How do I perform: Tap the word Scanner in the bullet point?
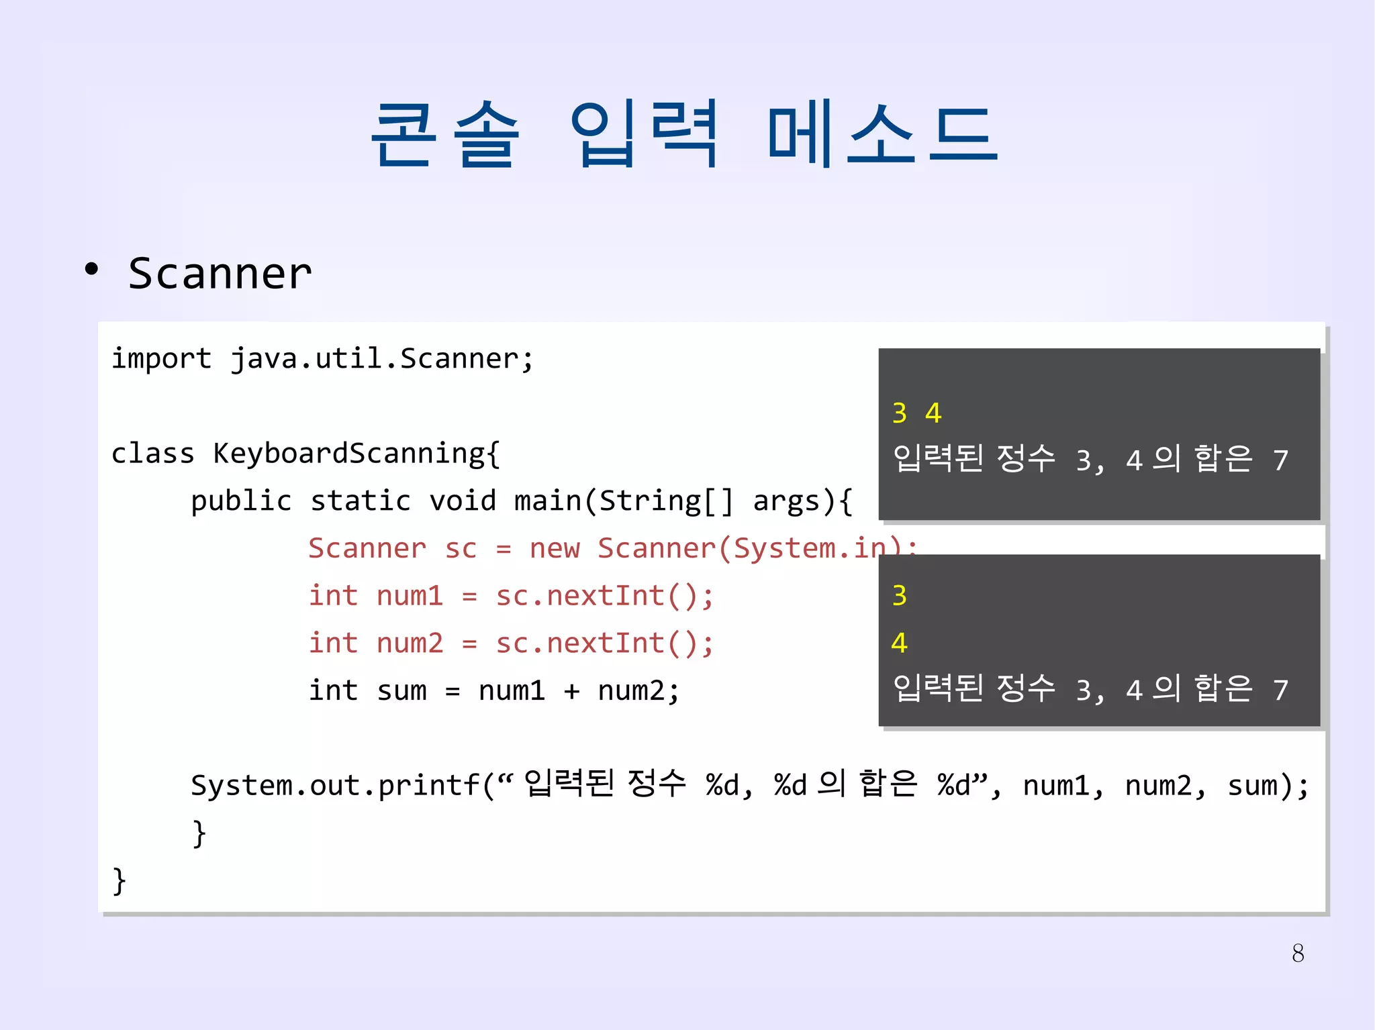pyautogui.click(x=220, y=274)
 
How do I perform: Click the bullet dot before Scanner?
pyautogui.click(x=91, y=270)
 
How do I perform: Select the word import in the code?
pyautogui.click(x=161, y=358)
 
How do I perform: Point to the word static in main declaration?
pyautogui.click(x=360, y=501)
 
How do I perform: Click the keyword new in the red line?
pyautogui.click(x=554, y=549)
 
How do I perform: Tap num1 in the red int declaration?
pyautogui.click(x=410, y=596)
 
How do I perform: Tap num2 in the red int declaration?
pyautogui.click(x=410, y=643)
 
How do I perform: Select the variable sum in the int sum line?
pyautogui.click(x=401, y=691)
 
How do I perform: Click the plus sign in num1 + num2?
pyautogui.click(x=571, y=691)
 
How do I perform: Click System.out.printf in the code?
pyautogui.click(x=336, y=786)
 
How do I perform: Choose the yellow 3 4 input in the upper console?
pyautogui.click(x=916, y=413)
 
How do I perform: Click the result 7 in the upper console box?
pyautogui.click(x=1280, y=461)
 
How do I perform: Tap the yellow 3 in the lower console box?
pyautogui.click(x=900, y=596)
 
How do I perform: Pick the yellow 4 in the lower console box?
pyautogui.click(x=900, y=643)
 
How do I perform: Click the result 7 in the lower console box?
pyautogui.click(x=1280, y=690)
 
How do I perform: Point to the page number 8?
pyautogui.click(x=1298, y=954)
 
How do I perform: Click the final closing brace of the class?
pyautogui.click(x=120, y=880)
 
